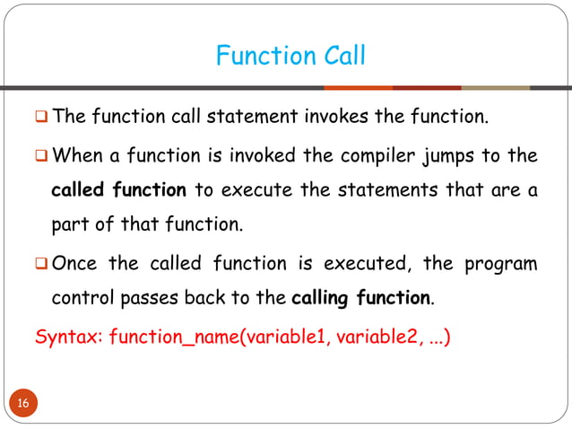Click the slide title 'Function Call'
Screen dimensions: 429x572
[x=290, y=56]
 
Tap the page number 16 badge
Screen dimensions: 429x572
[x=23, y=403]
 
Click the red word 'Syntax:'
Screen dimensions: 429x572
[x=68, y=339]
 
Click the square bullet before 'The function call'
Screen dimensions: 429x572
[x=41, y=118]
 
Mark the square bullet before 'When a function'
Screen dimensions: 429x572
[x=41, y=157]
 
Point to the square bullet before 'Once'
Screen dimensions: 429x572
[x=41, y=265]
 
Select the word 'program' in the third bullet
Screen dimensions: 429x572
[x=500, y=264]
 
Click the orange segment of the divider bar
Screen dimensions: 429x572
[x=358, y=88]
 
